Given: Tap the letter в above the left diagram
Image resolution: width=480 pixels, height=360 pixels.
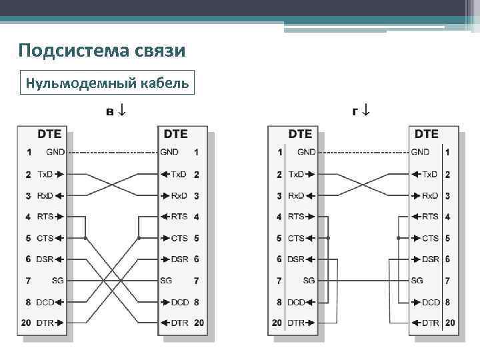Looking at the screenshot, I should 112,110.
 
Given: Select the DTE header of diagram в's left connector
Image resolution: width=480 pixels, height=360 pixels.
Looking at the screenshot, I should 50,134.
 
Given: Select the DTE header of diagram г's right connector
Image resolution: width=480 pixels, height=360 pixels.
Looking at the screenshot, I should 426,134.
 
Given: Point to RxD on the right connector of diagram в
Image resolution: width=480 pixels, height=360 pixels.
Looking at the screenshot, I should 179,195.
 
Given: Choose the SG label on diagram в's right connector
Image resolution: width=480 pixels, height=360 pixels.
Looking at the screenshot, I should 166,281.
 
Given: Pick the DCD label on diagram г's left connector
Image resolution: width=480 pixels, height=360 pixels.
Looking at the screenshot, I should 295,302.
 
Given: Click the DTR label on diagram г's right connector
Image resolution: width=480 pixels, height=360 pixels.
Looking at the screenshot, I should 431,323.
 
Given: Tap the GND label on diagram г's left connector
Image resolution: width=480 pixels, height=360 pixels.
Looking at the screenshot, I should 306,152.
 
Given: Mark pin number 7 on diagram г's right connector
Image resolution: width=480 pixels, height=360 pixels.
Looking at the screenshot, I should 447,281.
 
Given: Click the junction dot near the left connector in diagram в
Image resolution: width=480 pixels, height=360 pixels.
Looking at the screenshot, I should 85,238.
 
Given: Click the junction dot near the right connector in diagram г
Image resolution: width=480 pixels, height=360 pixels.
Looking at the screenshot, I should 398,238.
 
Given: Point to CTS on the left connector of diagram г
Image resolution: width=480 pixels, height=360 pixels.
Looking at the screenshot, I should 295,238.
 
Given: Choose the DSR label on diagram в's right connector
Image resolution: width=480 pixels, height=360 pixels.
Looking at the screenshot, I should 179,259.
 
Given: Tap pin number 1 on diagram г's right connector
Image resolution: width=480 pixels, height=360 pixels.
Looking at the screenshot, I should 447,153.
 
